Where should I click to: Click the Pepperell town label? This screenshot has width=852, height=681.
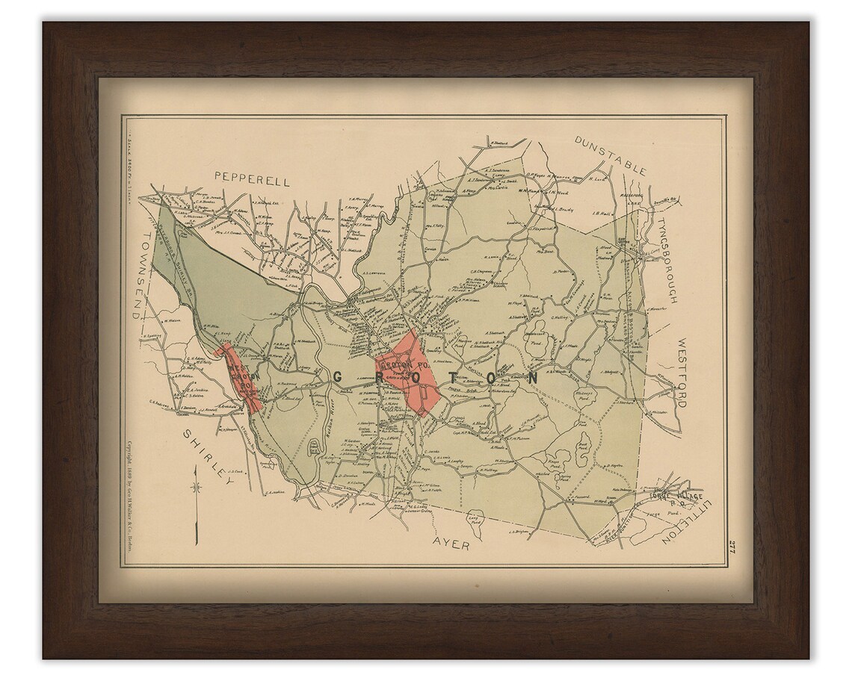[251, 177]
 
